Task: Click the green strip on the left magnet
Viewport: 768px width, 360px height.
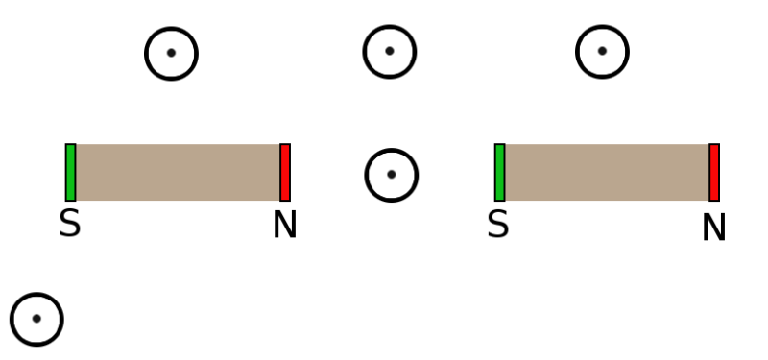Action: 70,173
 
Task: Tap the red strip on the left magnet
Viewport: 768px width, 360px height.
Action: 285,173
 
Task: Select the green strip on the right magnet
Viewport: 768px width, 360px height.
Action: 499,173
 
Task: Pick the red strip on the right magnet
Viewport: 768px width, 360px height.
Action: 714,173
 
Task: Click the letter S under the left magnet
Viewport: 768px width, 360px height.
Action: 69,225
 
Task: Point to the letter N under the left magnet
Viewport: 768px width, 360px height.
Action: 284,226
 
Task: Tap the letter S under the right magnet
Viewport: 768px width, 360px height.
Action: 497,225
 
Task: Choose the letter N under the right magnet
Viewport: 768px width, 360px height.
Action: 713,228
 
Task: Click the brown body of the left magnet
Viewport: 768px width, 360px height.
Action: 178,173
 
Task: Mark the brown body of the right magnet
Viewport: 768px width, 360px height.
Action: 607,173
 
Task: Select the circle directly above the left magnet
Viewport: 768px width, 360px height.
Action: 171,53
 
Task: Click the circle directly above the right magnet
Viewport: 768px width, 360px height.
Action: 602,51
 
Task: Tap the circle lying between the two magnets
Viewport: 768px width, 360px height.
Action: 392,175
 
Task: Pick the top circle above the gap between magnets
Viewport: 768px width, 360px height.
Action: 389,51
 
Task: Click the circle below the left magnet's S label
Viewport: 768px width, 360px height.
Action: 36,319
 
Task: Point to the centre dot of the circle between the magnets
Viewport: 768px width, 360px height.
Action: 392,175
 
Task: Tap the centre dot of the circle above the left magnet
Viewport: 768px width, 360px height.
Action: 171,53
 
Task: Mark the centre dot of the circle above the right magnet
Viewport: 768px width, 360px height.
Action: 602,51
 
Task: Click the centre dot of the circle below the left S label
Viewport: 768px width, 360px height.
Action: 36,319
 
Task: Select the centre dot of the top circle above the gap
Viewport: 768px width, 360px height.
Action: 389,51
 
